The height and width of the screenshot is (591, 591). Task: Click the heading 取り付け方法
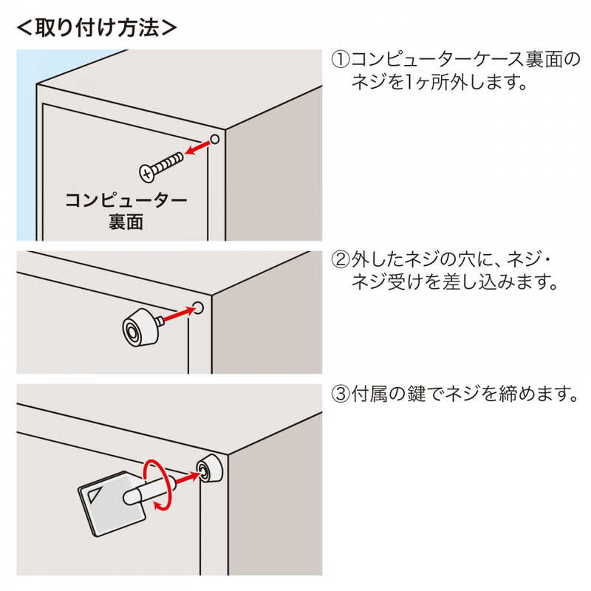[97, 27]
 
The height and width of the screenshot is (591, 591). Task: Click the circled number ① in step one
[341, 60]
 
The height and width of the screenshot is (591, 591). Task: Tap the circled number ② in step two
[341, 260]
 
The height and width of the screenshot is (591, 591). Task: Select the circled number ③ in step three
[341, 394]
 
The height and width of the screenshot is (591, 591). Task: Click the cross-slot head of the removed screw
[148, 174]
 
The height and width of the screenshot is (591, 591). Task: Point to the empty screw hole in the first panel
[214, 140]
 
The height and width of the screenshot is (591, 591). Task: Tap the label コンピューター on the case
[126, 200]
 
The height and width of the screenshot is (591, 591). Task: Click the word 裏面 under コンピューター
[126, 222]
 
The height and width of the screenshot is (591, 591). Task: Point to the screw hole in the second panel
[199, 308]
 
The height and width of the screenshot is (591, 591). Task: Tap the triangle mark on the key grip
[94, 493]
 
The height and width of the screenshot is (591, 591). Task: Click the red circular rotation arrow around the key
[157, 485]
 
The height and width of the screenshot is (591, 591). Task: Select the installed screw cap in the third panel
[210, 470]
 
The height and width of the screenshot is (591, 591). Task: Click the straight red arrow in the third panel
[187, 479]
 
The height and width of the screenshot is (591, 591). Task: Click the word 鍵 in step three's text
[417, 394]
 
